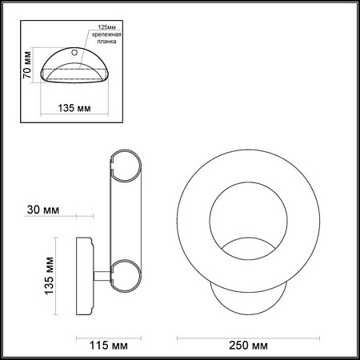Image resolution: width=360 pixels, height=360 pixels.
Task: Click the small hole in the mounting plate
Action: (x=75, y=53)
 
